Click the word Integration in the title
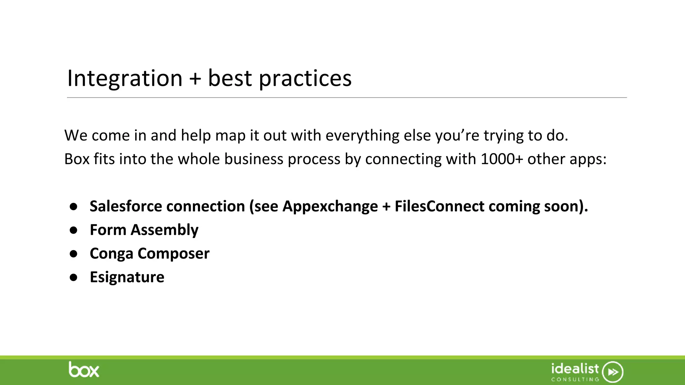pos(124,78)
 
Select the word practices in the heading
pos(305,78)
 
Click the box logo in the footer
pos(84,370)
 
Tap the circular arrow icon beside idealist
pos(612,372)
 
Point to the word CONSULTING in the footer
pos(575,379)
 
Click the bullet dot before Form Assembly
pos(74,230)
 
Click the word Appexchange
pos(330,206)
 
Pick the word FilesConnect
pos(439,206)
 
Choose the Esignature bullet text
pos(127,277)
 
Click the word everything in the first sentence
pos(362,135)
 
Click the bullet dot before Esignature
pos(74,277)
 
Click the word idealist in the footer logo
pos(575,369)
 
